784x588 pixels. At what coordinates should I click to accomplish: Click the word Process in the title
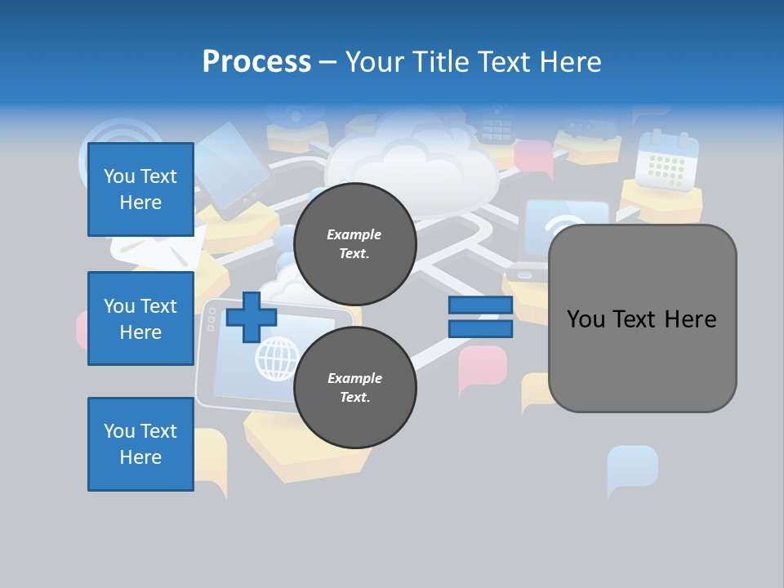tap(256, 62)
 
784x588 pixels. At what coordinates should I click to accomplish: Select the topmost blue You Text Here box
tap(140, 189)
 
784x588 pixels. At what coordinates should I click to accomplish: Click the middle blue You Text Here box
tap(140, 318)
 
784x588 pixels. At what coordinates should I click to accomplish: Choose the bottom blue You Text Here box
tap(140, 444)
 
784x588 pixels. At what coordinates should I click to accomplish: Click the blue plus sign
tap(252, 317)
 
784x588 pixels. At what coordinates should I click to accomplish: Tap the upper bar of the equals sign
tap(480, 305)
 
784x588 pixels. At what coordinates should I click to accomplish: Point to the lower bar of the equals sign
tap(480, 329)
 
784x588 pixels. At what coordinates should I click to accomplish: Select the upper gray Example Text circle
tap(354, 243)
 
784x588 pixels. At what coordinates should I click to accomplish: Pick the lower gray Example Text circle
tap(354, 387)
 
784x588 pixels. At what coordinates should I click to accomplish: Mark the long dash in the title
tap(327, 62)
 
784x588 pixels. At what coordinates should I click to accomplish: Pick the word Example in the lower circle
tap(354, 378)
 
